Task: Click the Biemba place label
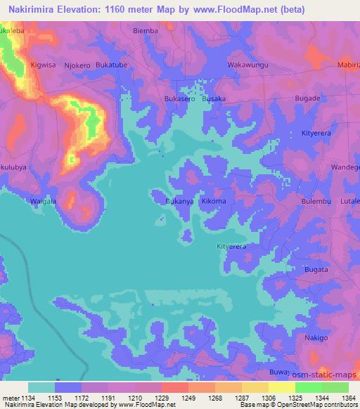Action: (x=146, y=31)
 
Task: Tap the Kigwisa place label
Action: (x=44, y=65)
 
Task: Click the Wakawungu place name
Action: (x=247, y=64)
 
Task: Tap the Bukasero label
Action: (x=180, y=99)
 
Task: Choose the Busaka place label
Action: (x=214, y=99)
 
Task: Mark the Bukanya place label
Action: (x=179, y=202)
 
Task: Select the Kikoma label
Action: (x=214, y=202)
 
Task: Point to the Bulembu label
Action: (x=315, y=202)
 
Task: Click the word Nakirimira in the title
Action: (x=32, y=9)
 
